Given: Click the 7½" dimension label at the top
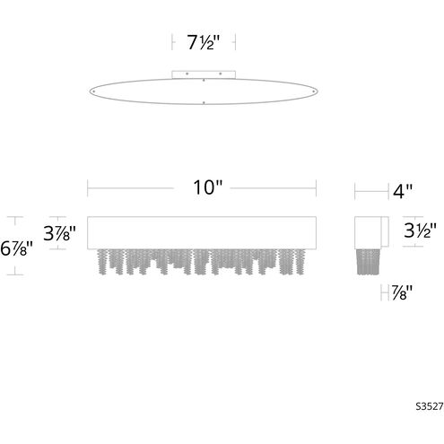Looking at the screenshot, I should tap(203, 41).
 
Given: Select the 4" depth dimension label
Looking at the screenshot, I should tap(403, 189).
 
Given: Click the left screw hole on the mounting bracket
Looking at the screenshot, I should tap(186, 73).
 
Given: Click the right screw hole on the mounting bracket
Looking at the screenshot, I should tap(221, 73).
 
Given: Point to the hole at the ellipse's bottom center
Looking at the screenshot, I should tap(204, 103).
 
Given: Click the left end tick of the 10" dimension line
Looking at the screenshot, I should tap(87, 187).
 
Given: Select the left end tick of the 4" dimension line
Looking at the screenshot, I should tap(355, 189).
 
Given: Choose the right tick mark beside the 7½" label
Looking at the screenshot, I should tap(235, 41).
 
